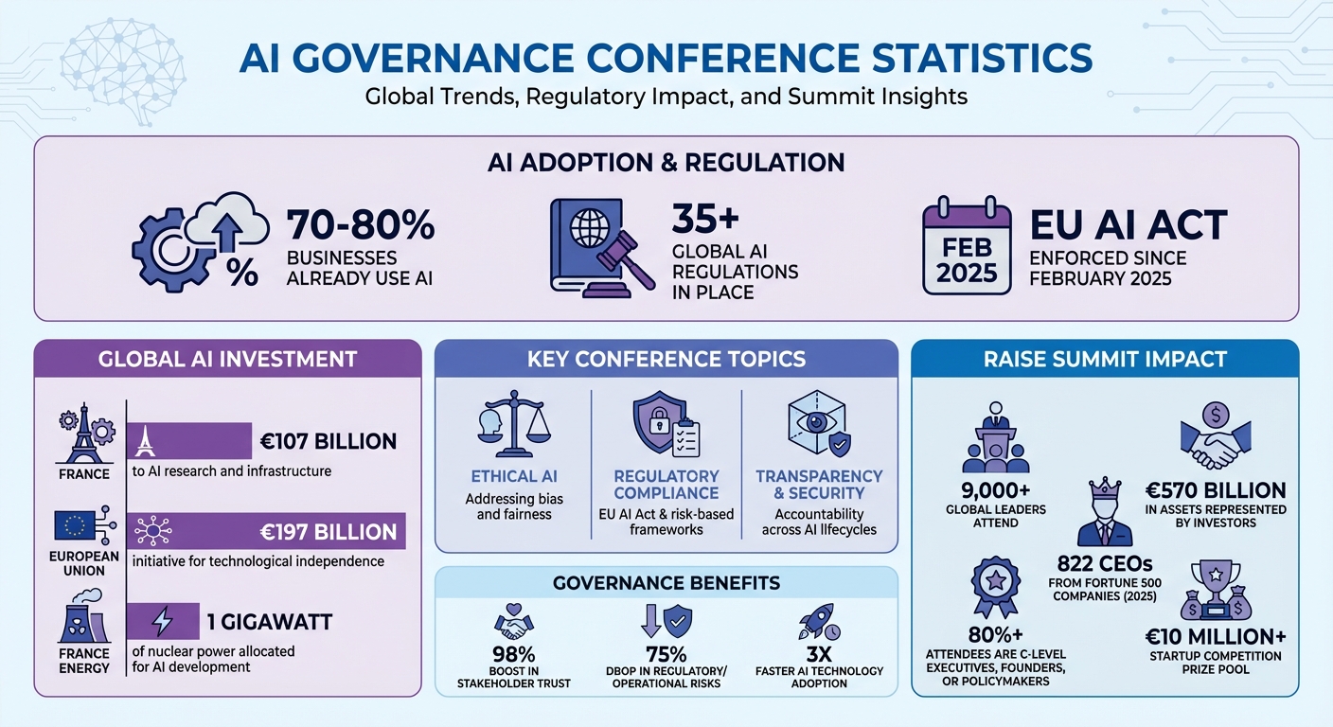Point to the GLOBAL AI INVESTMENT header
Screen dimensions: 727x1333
[x=227, y=359]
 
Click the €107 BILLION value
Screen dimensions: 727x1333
[x=329, y=441]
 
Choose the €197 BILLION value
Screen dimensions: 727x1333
[x=329, y=532]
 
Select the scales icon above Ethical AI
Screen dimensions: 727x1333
[x=514, y=426]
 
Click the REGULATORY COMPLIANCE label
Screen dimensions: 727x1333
[x=666, y=484]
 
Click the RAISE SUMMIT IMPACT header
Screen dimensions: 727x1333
[x=1105, y=359]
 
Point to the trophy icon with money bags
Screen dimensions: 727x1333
[x=1216, y=592]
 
